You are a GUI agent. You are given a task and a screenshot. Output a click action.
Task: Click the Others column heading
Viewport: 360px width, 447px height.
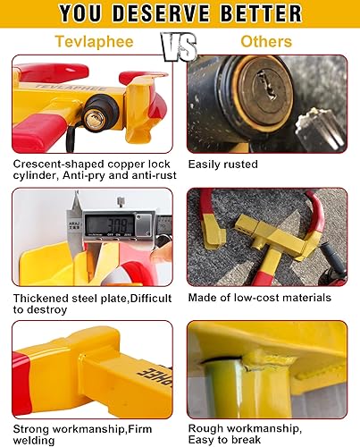[x=266, y=41]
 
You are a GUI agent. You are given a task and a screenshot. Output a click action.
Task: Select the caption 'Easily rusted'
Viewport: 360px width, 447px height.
[x=223, y=165]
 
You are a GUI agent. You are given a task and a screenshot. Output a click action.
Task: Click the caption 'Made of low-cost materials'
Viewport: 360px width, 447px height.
[x=260, y=298]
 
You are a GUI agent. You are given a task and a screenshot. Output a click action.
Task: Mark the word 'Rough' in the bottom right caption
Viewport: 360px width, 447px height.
[x=208, y=427]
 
